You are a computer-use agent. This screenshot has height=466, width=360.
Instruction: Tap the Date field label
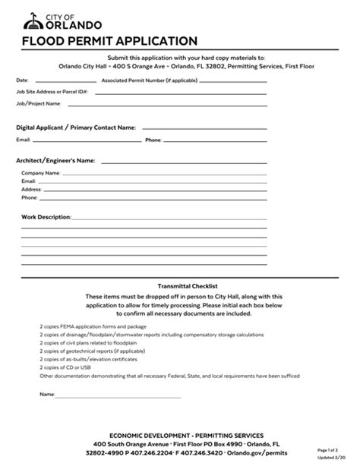(x=22, y=80)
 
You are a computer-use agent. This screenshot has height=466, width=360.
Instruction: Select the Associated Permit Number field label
(x=144, y=80)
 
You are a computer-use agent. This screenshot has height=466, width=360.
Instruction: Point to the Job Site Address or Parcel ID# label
(x=52, y=91)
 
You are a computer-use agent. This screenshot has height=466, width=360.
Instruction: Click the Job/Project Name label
(x=37, y=102)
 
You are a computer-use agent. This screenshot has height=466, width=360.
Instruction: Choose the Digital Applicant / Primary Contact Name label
(x=76, y=128)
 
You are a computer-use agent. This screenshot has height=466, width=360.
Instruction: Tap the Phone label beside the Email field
(x=153, y=140)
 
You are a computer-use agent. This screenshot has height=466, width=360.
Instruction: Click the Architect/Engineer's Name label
(x=55, y=161)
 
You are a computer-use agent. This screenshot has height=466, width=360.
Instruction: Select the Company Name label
(x=40, y=174)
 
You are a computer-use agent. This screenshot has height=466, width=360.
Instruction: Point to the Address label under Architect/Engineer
(x=31, y=190)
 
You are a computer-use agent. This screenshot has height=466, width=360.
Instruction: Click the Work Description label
(x=46, y=217)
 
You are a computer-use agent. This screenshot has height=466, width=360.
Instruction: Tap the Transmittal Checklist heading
(x=184, y=285)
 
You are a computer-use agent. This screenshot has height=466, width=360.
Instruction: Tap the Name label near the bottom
(x=47, y=395)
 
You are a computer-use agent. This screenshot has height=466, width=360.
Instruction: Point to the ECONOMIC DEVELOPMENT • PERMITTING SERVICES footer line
(x=187, y=436)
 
